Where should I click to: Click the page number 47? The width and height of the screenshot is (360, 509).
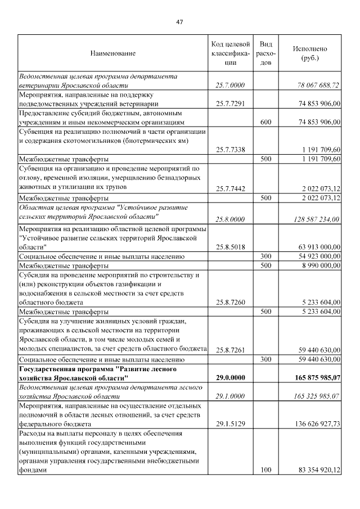click(x=179, y=21)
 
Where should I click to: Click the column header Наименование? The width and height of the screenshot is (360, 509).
click(x=112, y=53)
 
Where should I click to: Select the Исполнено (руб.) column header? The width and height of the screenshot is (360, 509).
click(x=309, y=53)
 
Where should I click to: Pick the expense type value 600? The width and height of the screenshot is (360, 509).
click(x=266, y=121)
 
